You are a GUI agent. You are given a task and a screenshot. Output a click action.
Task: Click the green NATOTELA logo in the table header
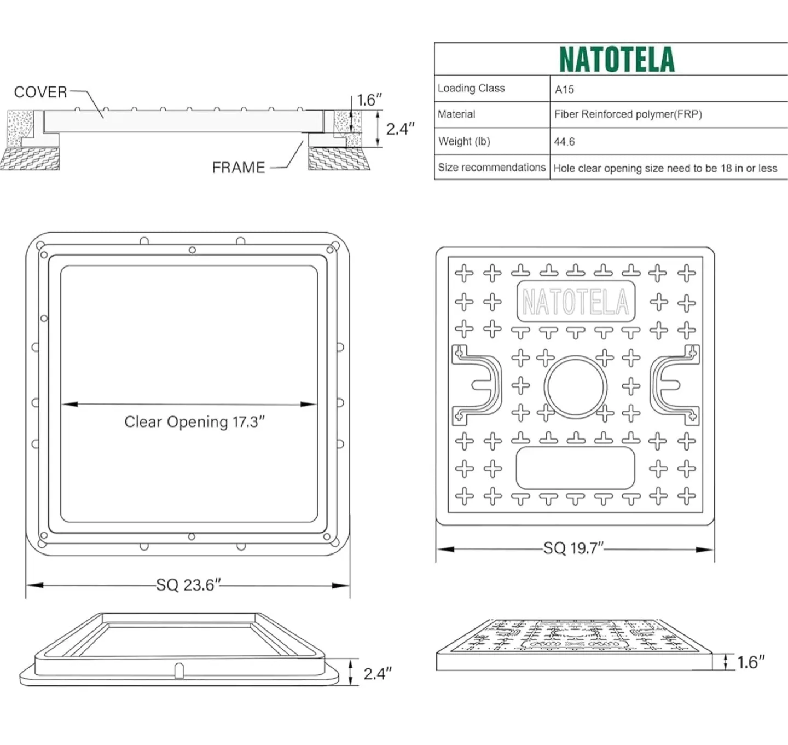click(617, 60)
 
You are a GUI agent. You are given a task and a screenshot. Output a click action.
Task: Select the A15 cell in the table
click(564, 89)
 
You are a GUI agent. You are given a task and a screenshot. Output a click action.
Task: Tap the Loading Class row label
click(471, 88)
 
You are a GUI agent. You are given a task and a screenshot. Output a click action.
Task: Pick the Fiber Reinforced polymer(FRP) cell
click(628, 114)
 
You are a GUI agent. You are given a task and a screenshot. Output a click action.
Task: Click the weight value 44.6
click(564, 142)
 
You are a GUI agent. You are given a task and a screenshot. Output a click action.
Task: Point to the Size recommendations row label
click(491, 168)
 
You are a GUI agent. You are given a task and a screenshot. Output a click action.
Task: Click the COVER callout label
click(40, 92)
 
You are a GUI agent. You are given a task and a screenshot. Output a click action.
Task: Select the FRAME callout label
click(238, 168)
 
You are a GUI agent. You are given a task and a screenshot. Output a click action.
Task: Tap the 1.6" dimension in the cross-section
click(369, 100)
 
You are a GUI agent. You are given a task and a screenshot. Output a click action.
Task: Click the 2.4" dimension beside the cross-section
click(400, 129)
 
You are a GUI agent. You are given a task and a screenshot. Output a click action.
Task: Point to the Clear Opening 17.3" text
click(194, 422)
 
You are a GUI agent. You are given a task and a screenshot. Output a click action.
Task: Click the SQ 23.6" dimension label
click(188, 585)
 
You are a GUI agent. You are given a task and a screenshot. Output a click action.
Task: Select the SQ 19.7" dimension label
click(573, 548)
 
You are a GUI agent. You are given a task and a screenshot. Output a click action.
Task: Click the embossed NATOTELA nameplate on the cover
click(576, 302)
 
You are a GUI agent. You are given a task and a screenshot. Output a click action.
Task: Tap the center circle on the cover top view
click(576, 387)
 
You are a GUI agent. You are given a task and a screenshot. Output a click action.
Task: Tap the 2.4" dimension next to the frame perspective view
click(378, 674)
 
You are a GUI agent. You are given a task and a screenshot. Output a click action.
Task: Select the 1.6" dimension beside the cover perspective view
click(750, 662)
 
